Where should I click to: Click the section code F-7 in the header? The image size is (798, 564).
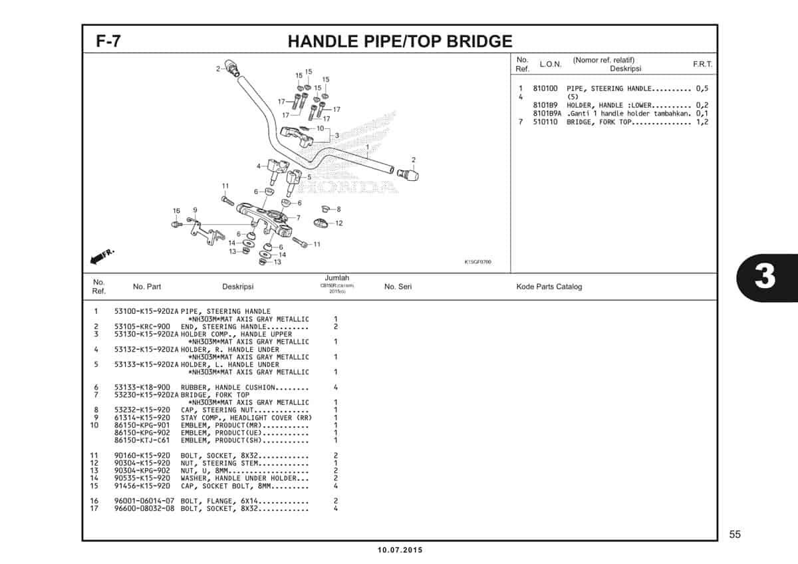(x=108, y=41)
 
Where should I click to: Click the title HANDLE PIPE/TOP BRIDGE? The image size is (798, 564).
(x=400, y=41)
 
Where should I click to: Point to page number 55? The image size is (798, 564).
(x=734, y=534)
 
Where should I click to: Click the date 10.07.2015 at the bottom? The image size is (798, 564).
(x=399, y=550)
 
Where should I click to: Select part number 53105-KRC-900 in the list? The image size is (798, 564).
(x=142, y=327)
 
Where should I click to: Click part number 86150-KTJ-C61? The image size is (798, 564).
(x=142, y=440)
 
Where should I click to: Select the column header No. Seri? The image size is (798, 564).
(x=398, y=287)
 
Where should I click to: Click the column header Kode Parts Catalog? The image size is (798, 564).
(x=549, y=287)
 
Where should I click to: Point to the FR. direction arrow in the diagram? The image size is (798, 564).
(x=102, y=255)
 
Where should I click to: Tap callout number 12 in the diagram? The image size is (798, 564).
(x=338, y=223)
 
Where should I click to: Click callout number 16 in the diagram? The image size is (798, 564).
(x=176, y=211)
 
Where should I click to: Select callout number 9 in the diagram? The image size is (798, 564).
(x=195, y=210)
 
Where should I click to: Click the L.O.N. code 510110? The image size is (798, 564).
(x=545, y=122)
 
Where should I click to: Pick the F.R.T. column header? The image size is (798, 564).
(x=702, y=65)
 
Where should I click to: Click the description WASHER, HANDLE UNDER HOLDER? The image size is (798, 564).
(x=244, y=478)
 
